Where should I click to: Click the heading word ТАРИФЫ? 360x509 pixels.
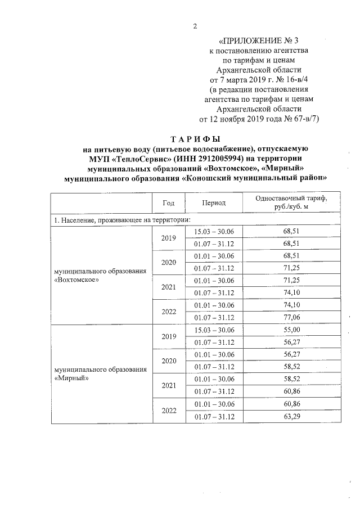196,138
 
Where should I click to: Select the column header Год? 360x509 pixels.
169,202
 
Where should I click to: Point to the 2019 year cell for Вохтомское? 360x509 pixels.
169,238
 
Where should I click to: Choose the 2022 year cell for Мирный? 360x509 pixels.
169,410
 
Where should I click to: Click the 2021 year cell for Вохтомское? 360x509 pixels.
169,287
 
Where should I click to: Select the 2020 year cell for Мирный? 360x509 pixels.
169,361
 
